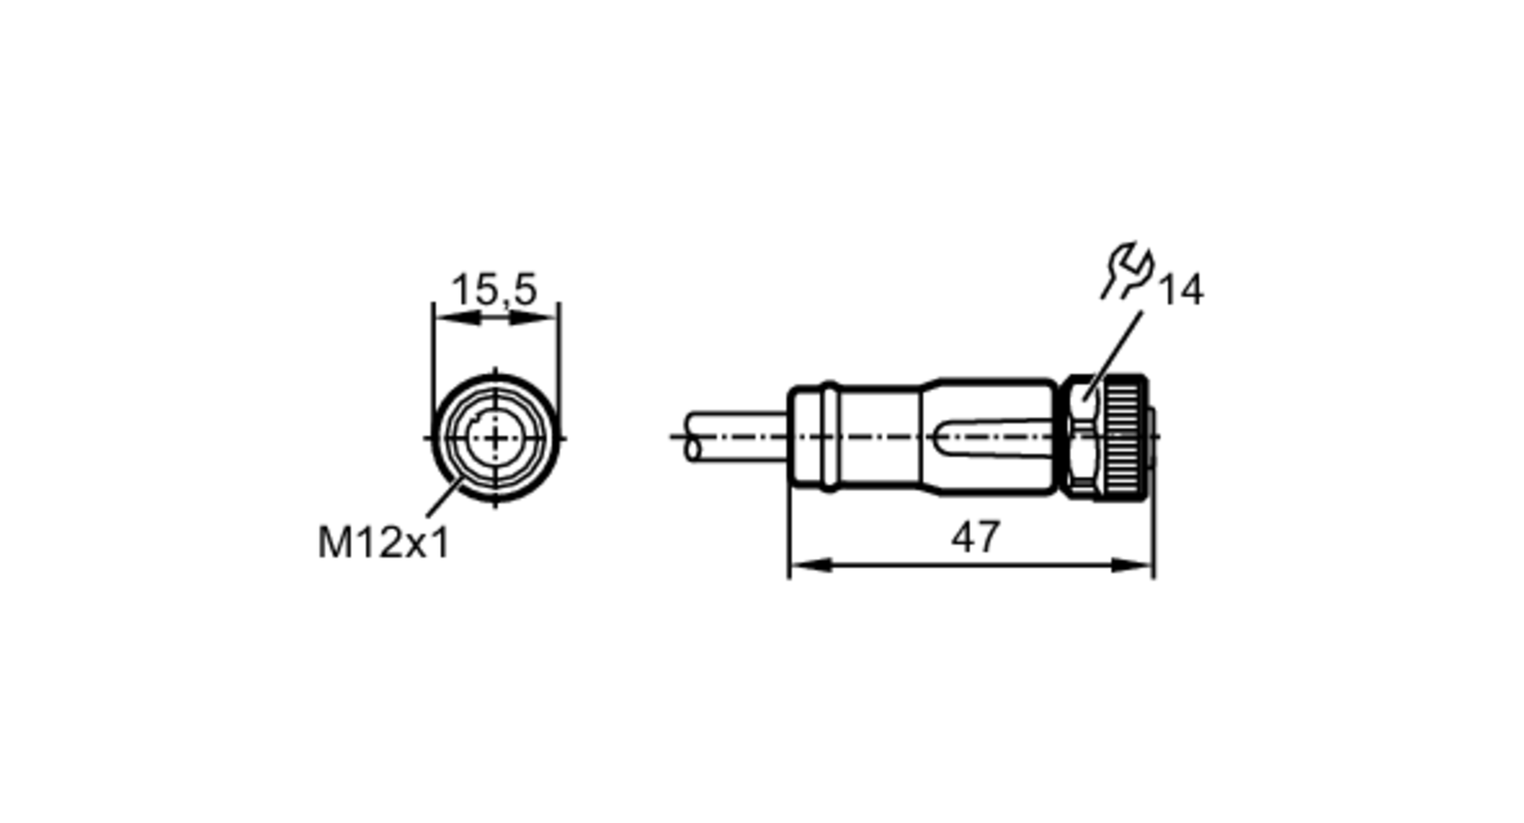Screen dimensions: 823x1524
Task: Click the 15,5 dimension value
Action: [495, 290]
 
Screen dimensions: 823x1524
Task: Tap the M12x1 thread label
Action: [383, 543]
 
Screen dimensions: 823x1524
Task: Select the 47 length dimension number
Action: [975, 537]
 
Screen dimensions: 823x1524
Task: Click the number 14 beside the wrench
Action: [1180, 290]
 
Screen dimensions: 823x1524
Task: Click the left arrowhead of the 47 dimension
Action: [808, 565]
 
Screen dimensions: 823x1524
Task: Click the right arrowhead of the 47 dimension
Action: [1134, 565]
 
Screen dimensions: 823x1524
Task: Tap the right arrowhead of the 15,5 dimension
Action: [536, 318]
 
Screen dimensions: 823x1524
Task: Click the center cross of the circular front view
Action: [495, 438]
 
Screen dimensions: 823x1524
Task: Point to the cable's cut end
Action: [693, 437]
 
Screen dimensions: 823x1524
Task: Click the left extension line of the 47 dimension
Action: [789, 533]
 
